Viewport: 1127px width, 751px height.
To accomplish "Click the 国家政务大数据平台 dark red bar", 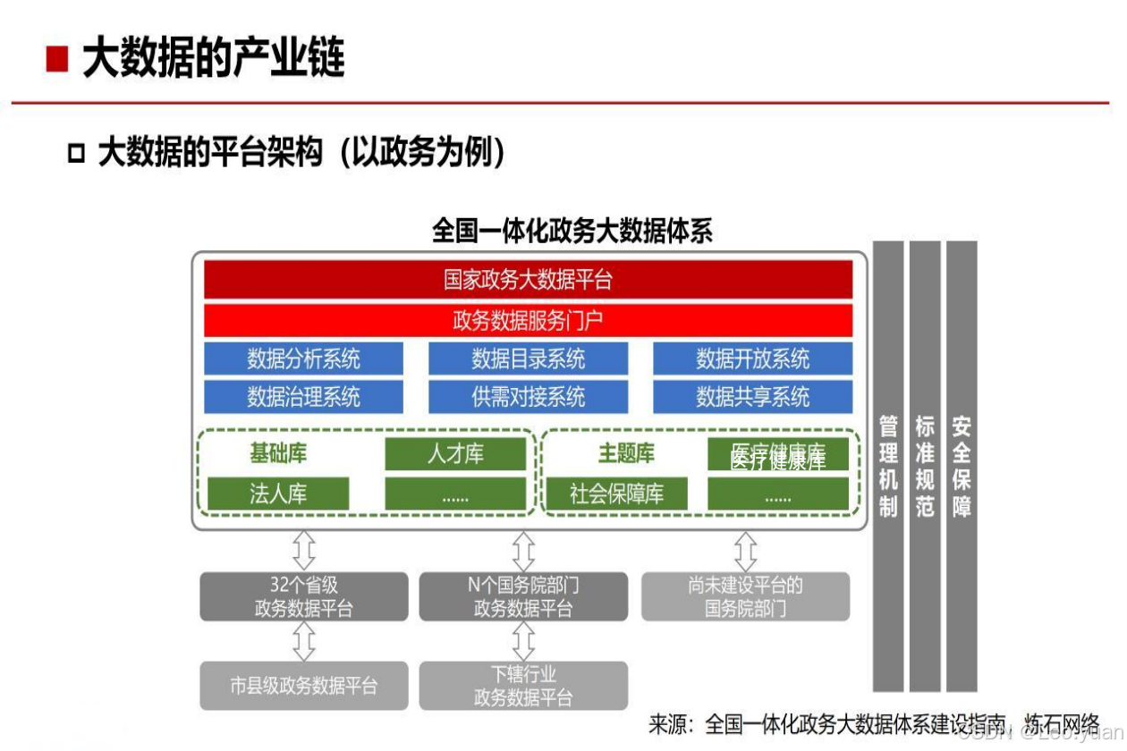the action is coord(528,280).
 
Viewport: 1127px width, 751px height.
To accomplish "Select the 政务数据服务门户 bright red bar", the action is coord(528,320).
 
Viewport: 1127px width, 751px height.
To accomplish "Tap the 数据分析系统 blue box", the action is coord(303,359).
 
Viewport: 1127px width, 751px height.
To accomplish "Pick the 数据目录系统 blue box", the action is coord(528,359).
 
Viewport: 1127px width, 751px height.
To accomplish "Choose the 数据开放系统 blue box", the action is coord(752,359).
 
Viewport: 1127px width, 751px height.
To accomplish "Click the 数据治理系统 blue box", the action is coord(303,396).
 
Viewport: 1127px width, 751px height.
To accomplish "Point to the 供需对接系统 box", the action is coord(528,396).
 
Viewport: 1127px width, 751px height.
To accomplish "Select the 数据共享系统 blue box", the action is coord(752,396).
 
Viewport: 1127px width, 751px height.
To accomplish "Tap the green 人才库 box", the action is coord(455,454).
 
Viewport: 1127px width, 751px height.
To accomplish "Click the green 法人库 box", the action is coord(278,494).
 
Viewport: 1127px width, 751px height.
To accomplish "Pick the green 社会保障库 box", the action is coord(616,494).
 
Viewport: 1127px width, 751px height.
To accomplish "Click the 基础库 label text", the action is coord(278,454).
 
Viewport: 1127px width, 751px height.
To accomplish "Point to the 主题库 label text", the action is coord(626,454).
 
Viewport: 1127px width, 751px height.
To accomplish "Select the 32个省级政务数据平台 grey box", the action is coord(303,596).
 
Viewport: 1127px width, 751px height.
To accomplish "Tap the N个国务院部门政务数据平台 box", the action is coord(523,596).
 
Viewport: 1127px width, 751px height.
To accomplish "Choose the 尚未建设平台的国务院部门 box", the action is coord(745,596).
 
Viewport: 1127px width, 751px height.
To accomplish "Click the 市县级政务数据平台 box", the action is coord(303,686).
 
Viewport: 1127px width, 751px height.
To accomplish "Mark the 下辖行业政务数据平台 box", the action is coord(523,686).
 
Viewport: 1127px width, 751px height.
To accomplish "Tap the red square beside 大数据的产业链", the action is coord(58,59).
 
